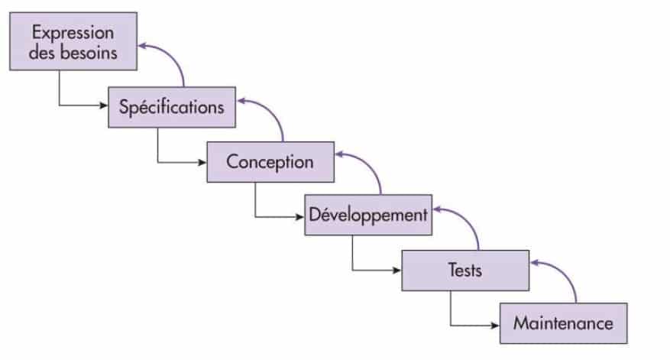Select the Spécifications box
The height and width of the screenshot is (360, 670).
[x=171, y=106]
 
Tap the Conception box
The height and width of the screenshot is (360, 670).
[x=270, y=161]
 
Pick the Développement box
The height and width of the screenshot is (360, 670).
[x=367, y=215]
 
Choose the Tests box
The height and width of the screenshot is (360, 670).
[x=465, y=269]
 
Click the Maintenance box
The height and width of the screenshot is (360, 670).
[x=563, y=323]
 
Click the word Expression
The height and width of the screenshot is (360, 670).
[x=73, y=34]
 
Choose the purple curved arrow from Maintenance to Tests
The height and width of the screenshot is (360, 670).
[x=565, y=277]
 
